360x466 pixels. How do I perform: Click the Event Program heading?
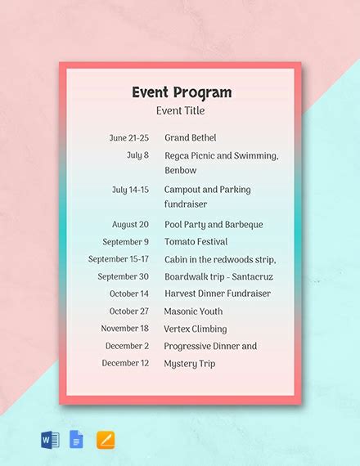coord(181,92)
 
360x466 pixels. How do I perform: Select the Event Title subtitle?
coord(181,110)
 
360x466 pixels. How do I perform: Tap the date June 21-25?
coord(128,138)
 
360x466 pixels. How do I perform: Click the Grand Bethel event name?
coord(191,138)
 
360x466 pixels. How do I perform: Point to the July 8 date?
coord(137,155)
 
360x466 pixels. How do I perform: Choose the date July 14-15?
coord(130,190)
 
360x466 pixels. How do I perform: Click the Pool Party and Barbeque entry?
coord(212,224)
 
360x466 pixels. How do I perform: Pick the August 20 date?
coord(130,224)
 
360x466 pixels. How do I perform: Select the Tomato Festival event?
coord(196,242)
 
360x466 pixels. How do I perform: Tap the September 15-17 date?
coord(119,259)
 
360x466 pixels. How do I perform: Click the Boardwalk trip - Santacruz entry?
coord(218,276)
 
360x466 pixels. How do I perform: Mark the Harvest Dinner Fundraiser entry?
coord(217,293)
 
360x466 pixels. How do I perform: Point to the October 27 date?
coord(129,311)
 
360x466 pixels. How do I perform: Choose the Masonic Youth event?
coord(193,311)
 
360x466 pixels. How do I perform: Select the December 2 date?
coord(127,346)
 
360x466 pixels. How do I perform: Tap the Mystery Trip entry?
coord(190,363)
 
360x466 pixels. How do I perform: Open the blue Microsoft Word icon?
coord(50,441)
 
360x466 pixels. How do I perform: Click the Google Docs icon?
coord(77,441)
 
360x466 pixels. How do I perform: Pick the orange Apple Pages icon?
coord(106,441)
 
